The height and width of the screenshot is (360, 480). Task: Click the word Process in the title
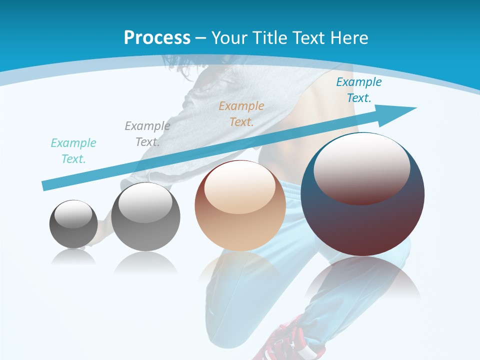(x=157, y=38)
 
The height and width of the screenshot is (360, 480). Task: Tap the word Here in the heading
(x=348, y=38)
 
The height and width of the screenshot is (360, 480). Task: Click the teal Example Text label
(x=73, y=151)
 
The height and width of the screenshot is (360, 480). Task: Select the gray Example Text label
(x=147, y=134)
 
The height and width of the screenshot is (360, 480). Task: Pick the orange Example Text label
(x=241, y=114)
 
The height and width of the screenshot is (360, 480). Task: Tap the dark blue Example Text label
(x=359, y=90)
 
